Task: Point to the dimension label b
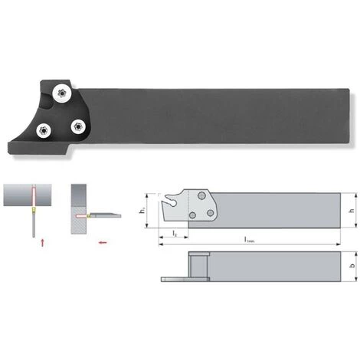[x=351, y=268]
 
